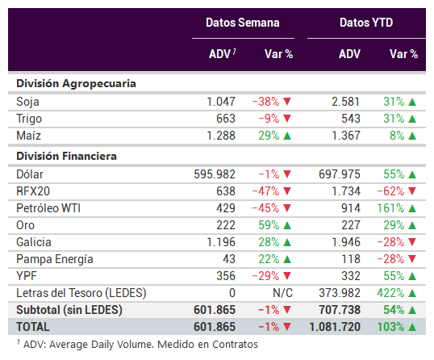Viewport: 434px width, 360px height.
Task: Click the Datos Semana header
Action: coord(243,23)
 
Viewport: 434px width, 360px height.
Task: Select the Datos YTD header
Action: coord(366,23)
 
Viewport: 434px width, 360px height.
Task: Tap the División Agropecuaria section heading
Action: coord(76,84)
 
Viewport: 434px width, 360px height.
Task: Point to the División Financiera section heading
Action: coord(66,156)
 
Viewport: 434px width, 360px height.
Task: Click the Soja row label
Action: coord(27,102)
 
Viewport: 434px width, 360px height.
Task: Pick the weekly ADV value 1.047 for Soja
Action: coord(221,102)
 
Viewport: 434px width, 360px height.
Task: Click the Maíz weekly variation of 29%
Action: coord(269,136)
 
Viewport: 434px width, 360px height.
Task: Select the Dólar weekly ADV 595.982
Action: coord(215,174)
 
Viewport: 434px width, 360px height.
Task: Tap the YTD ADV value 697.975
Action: coord(340,174)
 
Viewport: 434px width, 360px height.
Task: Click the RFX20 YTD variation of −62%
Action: coord(390,191)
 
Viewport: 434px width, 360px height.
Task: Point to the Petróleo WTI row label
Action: coord(48,208)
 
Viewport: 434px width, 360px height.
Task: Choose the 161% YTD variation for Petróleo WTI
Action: coord(390,208)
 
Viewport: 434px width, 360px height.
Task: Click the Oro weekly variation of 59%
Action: coord(269,225)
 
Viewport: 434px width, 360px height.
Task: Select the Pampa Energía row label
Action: coord(55,259)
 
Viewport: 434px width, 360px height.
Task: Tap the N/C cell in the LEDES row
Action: coord(282,293)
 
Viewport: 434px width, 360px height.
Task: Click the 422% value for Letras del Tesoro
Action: coord(390,293)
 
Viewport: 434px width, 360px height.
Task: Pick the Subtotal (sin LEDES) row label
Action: coord(69,310)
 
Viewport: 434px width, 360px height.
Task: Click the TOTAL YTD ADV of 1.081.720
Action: coord(335,327)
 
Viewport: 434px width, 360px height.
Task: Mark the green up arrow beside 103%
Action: coord(412,328)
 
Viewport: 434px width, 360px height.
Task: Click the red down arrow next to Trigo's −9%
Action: coord(287,119)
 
